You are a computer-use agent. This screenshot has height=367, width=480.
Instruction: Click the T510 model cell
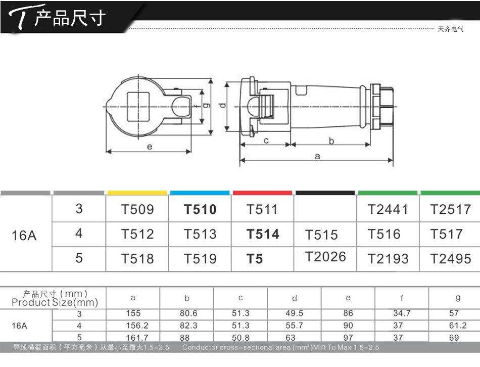tap(200, 210)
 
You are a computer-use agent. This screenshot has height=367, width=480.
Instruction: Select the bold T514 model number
tap(263, 235)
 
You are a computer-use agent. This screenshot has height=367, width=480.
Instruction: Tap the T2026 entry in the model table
tap(325, 257)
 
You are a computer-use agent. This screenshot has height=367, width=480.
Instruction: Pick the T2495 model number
tap(451, 259)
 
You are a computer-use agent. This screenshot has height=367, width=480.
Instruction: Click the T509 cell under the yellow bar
tap(137, 210)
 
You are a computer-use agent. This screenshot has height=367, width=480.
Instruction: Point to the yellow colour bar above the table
tap(137, 193)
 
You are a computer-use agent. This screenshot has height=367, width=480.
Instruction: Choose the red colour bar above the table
tap(262, 193)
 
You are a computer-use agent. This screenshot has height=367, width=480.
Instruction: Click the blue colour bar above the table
tap(200, 193)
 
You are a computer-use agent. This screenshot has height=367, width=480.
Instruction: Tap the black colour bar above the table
tap(325, 193)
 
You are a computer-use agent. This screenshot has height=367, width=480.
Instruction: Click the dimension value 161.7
tap(137, 338)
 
